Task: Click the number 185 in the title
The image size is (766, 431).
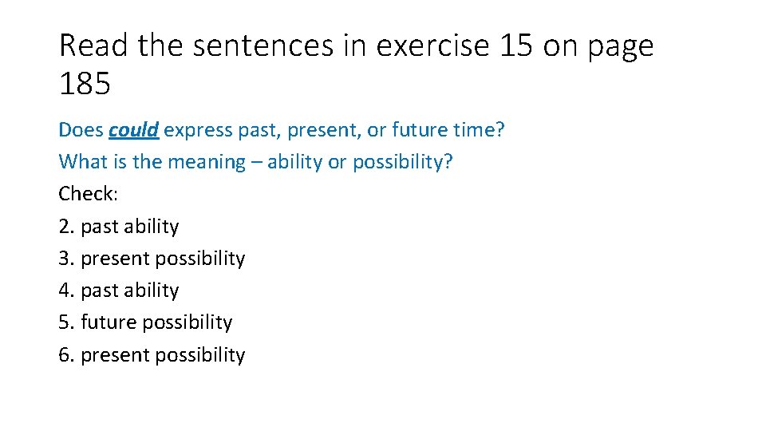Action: pyautogui.click(x=85, y=84)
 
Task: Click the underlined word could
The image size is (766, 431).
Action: pyautogui.click(x=134, y=130)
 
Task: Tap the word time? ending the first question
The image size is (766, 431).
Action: pyautogui.click(x=476, y=130)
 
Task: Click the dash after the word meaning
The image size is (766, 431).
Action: pyautogui.click(x=256, y=162)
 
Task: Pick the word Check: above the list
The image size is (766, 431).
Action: pyautogui.click(x=88, y=194)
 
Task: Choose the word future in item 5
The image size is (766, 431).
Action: pyautogui.click(x=110, y=322)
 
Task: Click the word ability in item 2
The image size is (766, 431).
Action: pyautogui.click(x=152, y=227)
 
